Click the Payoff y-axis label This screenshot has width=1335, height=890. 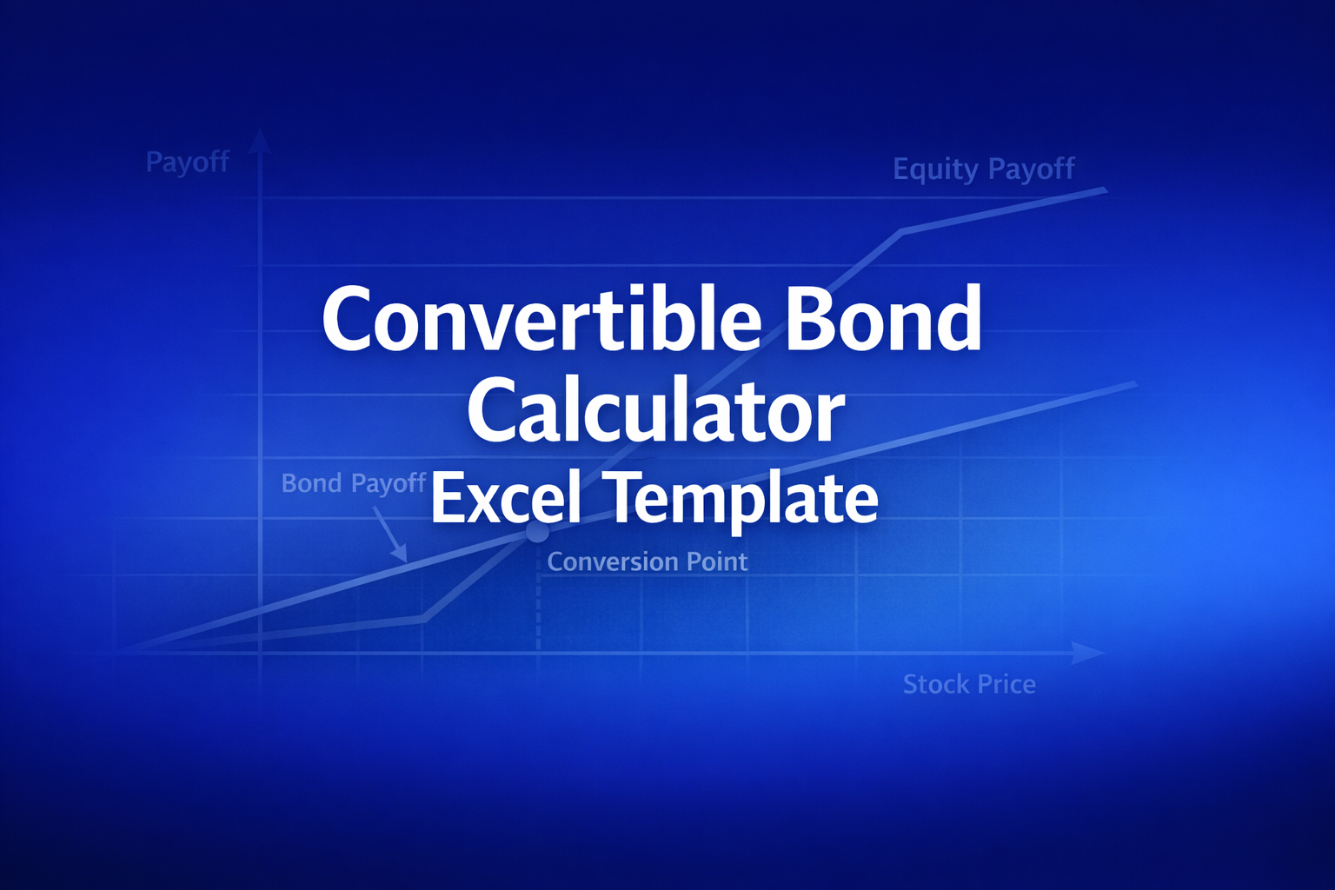click(187, 163)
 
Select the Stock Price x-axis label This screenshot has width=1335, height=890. click(969, 685)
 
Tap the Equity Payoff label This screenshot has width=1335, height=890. click(983, 169)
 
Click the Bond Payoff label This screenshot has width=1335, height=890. click(353, 483)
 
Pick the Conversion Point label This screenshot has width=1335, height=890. click(647, 562)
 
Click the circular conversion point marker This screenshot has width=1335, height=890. click(537, 533)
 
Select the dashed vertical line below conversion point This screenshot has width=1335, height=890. click(538, 600)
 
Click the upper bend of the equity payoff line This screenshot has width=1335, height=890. click(902, 232)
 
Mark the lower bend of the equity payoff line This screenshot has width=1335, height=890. click(423, 618)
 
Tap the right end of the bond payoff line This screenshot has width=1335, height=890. click(1134, 383)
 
